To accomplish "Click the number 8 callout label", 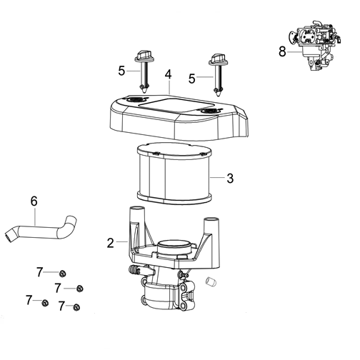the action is pyautogui.click(x=282, y=51).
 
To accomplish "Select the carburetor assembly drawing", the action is pyautogui.click(x=315, y=46).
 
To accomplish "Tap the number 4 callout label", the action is pyautogui.click(x=168, y=74).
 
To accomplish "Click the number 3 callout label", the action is pyautogui.click(x=230, y=178).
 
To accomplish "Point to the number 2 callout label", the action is pyautogui.click(x=111, y=243).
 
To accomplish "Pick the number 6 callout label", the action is pyautogui.click(x=34, y=201).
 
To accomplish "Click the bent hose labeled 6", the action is pyautogui.click(x=41, y=229).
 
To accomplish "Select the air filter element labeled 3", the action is pyautogui.click(x=174, y=171).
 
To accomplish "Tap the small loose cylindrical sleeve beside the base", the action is pyautogui.click(x=211, y=281).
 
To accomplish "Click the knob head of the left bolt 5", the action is pyautogui.click(x=144, y=56).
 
